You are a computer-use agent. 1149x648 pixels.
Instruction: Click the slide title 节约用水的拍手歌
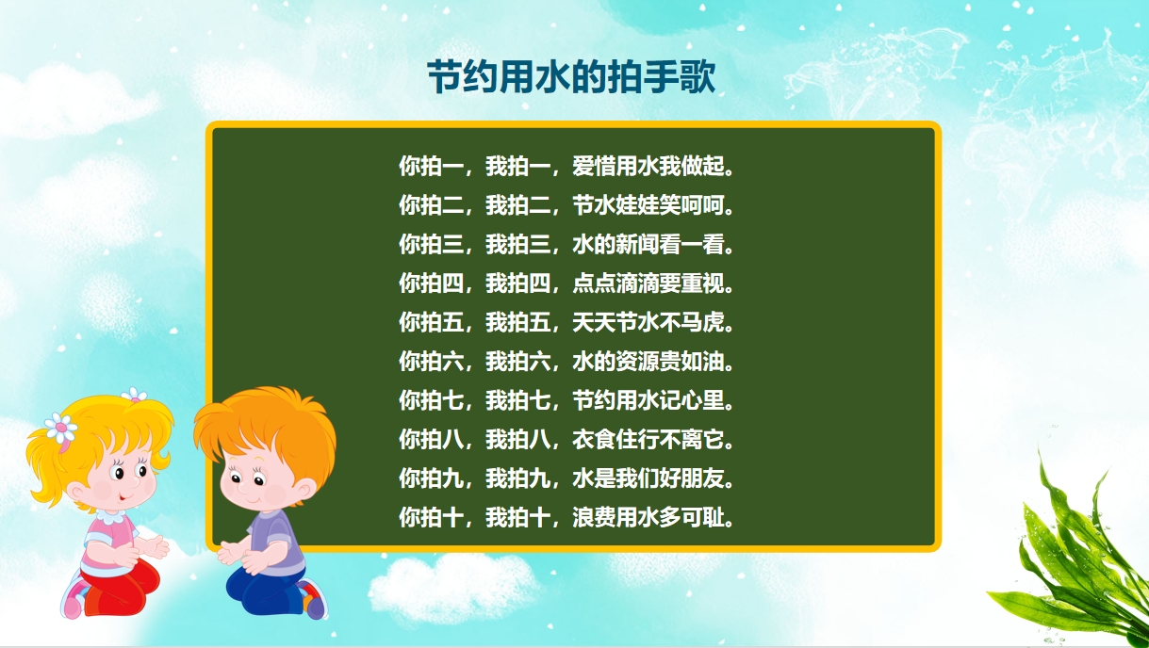pos(571,77)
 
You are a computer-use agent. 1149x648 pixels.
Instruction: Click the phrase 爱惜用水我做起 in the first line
pos(648,166)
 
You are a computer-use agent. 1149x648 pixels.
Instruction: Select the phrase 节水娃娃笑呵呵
pos(648,205)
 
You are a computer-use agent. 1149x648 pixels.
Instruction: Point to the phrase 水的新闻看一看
pos(648,244)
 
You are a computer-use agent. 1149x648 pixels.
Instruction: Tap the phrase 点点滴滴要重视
pos(648,283)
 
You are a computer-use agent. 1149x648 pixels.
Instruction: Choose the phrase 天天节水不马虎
pos(648,322)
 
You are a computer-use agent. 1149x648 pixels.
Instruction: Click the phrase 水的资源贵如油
pos(648,362)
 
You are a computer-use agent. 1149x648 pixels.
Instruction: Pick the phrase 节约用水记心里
pos(648,400)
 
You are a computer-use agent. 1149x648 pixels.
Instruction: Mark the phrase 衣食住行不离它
pos(648,439)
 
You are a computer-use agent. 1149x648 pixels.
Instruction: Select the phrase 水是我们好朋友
pos(648,478)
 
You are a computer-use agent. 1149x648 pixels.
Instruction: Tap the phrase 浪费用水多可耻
pos(648,517)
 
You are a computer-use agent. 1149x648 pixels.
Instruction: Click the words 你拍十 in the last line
pos(432,517)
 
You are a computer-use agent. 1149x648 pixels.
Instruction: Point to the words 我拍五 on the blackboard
pos(518,322)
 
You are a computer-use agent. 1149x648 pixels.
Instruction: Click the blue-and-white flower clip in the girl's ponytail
pos(61,428)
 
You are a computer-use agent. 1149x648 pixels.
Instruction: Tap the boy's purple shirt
pos(277,539)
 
